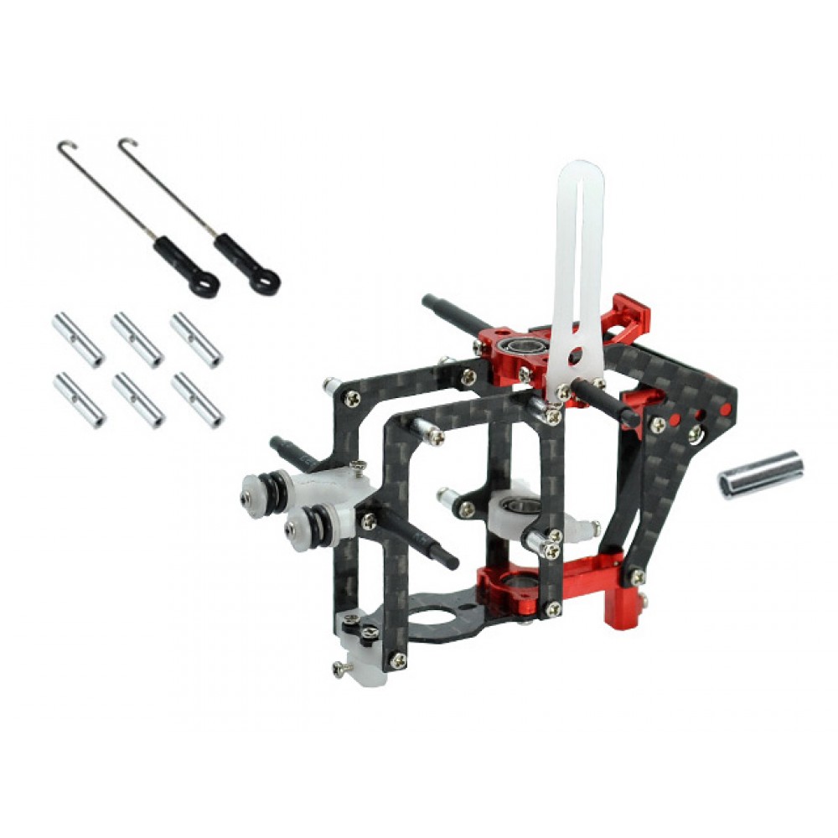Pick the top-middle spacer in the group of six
coord(137,339)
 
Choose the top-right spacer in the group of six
coord(196,340)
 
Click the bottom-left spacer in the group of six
coord(80,400)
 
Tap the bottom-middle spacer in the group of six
coord(138,400)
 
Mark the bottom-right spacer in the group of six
coord(197,400)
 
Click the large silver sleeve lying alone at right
coord(760,474)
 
